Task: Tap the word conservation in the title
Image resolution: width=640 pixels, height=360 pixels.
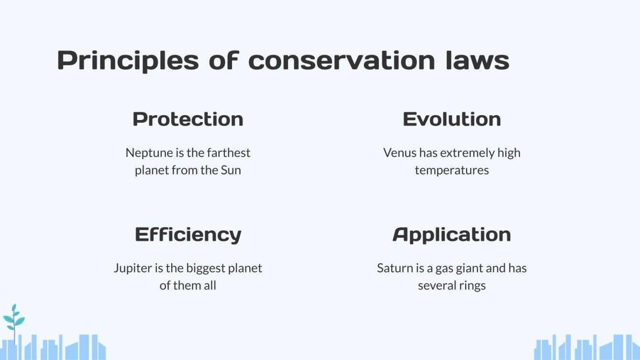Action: (342, 61)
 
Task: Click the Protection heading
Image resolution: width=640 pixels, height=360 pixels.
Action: (188, 119)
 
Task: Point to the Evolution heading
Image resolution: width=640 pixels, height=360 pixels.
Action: (452, 119)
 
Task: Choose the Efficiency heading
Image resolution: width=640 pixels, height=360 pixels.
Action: (188, 234)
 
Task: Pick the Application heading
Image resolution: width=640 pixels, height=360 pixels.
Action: (452, 234)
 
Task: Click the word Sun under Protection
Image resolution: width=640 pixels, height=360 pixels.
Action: (231, 170)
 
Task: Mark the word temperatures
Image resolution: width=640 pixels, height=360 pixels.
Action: (452, 170)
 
